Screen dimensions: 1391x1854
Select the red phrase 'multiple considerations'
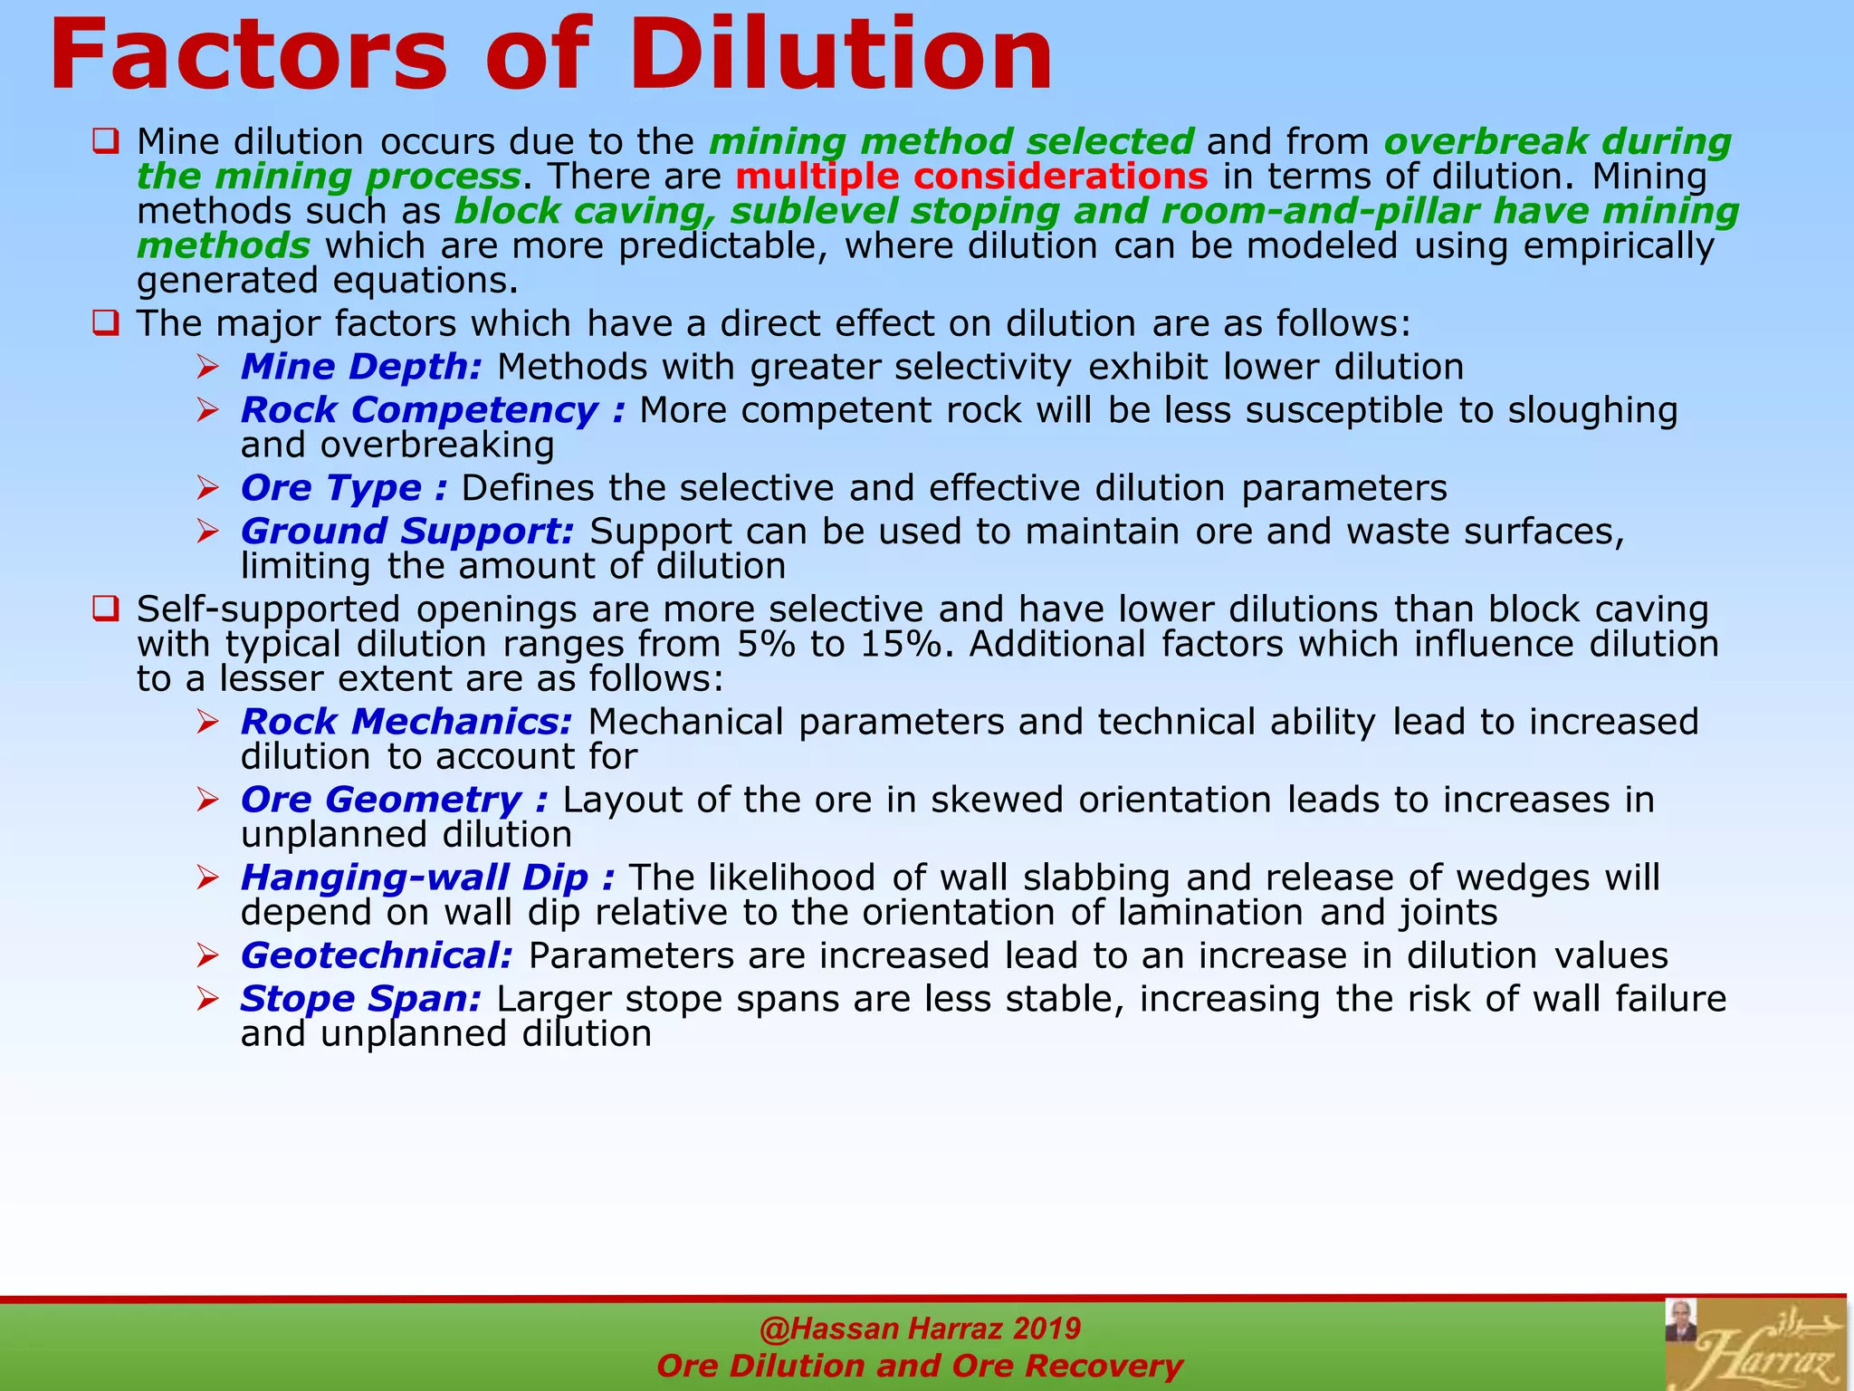tap(971, 177)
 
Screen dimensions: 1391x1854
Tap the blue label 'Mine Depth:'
tap(361, 367)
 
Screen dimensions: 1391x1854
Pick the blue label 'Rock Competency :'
tap(433, 410)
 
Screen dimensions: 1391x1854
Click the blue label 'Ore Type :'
tap(344, 488)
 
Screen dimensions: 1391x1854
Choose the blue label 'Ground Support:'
tap(407, 532)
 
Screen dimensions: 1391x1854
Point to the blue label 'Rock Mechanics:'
tap(406, 722)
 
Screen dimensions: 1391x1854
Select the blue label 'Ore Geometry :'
tap(394, 800)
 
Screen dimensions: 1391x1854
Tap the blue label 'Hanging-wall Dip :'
tap(427, 878)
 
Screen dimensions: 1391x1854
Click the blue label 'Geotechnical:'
tap(377, 955)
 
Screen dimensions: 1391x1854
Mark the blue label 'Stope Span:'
tap(360, 999)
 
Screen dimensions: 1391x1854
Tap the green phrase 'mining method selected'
tap(951, 142)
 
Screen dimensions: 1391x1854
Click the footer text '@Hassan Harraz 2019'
tap(920, 1329)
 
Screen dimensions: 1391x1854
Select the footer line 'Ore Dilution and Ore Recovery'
tap(920, 1366)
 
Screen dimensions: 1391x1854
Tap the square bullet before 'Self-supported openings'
tap(106, 609)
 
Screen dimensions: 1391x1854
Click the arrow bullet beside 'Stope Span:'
tap(208, 999)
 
